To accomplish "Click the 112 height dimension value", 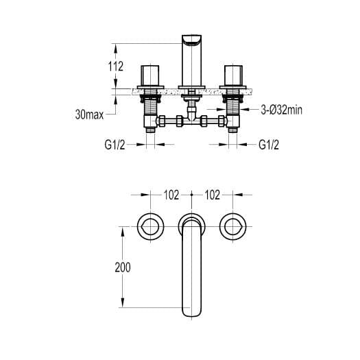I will coord(116,67).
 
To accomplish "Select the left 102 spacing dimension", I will coord(171,195).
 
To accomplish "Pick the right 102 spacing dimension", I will coord(212,195).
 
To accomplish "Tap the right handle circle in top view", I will coord(234,226).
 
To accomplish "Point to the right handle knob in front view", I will coord(234,73).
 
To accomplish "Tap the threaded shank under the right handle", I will coord(234,106).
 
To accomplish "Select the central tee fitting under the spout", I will coord(191,121).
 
